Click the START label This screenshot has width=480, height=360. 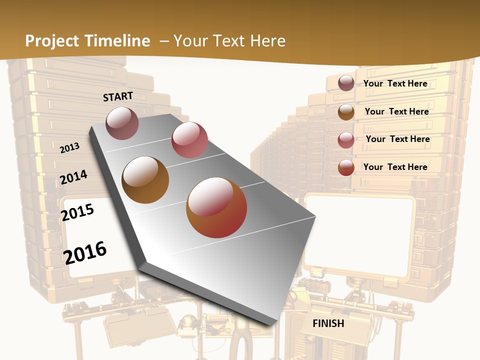click(118, 96)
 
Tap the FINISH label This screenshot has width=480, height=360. click(328, 323)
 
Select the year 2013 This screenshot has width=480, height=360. click(70, 148)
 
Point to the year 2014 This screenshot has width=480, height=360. click(74, 177)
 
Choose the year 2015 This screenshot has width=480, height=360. click(77, 212)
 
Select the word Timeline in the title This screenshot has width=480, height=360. click(119, 41)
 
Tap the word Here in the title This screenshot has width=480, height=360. click(267, 41)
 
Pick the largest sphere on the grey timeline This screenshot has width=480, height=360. click(216, 207)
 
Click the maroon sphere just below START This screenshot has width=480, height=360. click(122, 123)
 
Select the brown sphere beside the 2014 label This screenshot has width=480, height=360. click(145, 180)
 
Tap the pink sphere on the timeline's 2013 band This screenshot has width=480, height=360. click(189, 140)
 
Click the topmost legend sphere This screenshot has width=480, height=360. click(346, 83)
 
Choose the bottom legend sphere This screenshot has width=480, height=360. click(346, 167)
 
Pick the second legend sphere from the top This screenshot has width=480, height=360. click(346, 112)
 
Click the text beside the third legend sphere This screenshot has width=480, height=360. click(397, 139)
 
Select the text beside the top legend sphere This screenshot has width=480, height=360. click(395, 83)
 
